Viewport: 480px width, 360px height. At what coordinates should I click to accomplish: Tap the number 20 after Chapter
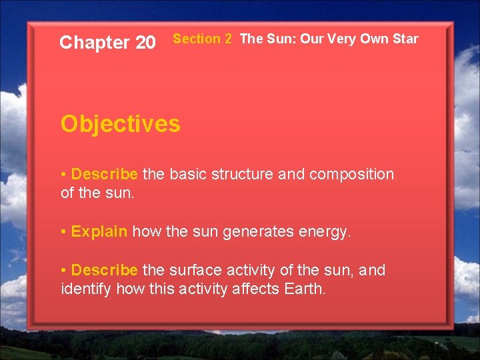(145, 43)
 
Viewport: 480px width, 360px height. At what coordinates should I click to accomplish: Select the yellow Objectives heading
(120, 124)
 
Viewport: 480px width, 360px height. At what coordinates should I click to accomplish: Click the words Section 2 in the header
(202, 39)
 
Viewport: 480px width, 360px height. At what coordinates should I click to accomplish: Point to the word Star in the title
(405, 39)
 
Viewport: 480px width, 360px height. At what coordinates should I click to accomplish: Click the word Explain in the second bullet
(99, 232)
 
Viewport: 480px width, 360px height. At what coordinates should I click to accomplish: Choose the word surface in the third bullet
(195, 270)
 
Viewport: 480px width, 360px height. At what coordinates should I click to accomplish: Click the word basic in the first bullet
(188, 175)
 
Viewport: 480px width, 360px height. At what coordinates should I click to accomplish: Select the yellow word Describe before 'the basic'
(104, 175)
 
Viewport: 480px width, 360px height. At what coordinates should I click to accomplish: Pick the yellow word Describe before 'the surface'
(104, 270)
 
